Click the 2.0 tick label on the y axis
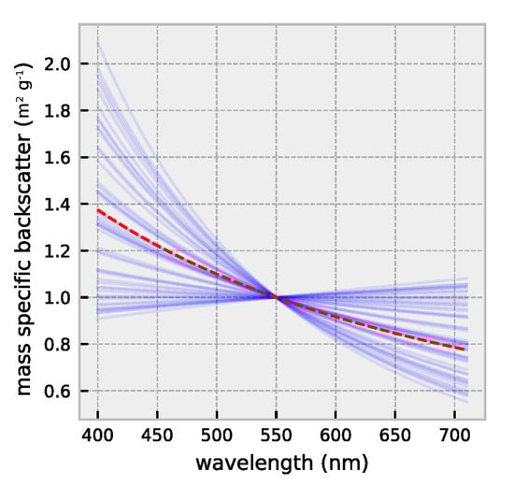point(61,64)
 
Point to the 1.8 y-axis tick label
point(61,110)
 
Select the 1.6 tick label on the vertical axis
point(61,157)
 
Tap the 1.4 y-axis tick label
point(61,204)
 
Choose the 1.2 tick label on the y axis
point(61,250)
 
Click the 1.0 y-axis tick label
point(61,297)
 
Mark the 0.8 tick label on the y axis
point(61,344)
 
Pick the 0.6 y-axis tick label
point(61,391)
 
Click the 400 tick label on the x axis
point(98,436)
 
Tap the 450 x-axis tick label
point(157,436)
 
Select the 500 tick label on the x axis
point(217,436)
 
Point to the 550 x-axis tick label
point(277,436)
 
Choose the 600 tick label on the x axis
point(336,436)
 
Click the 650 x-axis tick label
point(395,436)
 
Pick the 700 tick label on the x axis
point(455,436)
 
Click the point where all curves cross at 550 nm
point(277,297)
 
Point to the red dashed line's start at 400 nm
point(98,210)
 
